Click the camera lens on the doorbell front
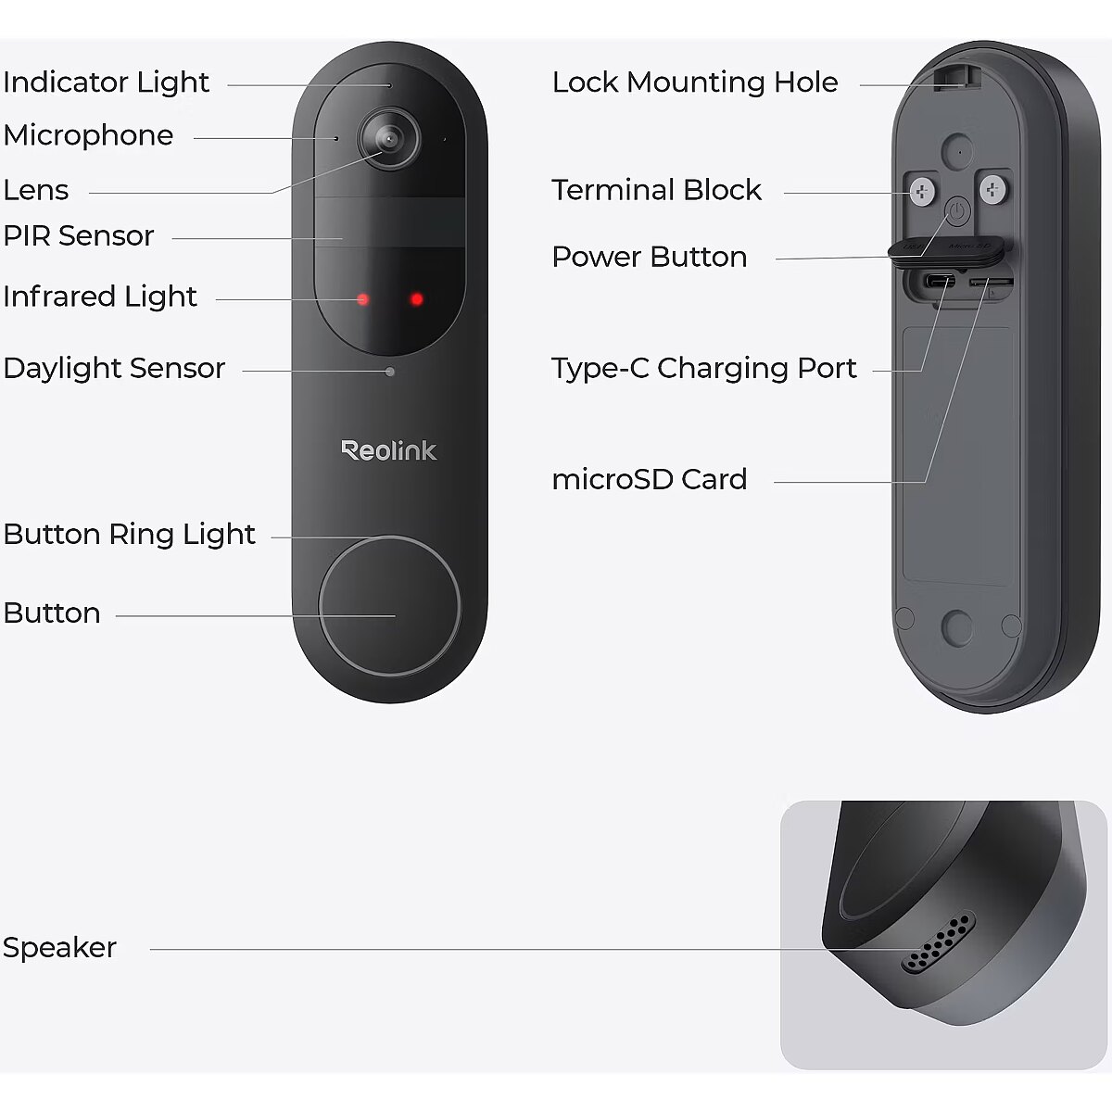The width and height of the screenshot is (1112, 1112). pos(389,139)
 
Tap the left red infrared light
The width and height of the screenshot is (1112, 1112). pos(363,299)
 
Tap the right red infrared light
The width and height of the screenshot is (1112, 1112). pos(417,299)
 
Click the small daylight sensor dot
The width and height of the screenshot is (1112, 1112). pos(390,372)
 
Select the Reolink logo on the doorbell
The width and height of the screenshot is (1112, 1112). pos(389,450)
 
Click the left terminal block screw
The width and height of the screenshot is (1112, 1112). pos(922,192)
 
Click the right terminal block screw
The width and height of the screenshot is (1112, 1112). pos(993,190)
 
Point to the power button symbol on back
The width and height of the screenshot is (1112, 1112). pos(957,212)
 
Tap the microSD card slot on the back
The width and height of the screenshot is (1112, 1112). pos(991,281)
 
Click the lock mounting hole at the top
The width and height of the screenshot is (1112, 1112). pos(956,76)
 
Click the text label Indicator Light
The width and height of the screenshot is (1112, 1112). pos(107,82)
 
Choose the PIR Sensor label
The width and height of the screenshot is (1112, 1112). pos(79,236)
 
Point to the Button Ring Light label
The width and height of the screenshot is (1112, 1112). pos(130,535)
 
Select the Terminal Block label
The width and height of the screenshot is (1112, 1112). pos(656,190)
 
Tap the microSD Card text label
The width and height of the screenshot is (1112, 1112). pos(649,480)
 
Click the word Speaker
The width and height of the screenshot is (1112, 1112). pos(59,948)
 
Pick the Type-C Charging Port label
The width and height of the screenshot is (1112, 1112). pos(703,369)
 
